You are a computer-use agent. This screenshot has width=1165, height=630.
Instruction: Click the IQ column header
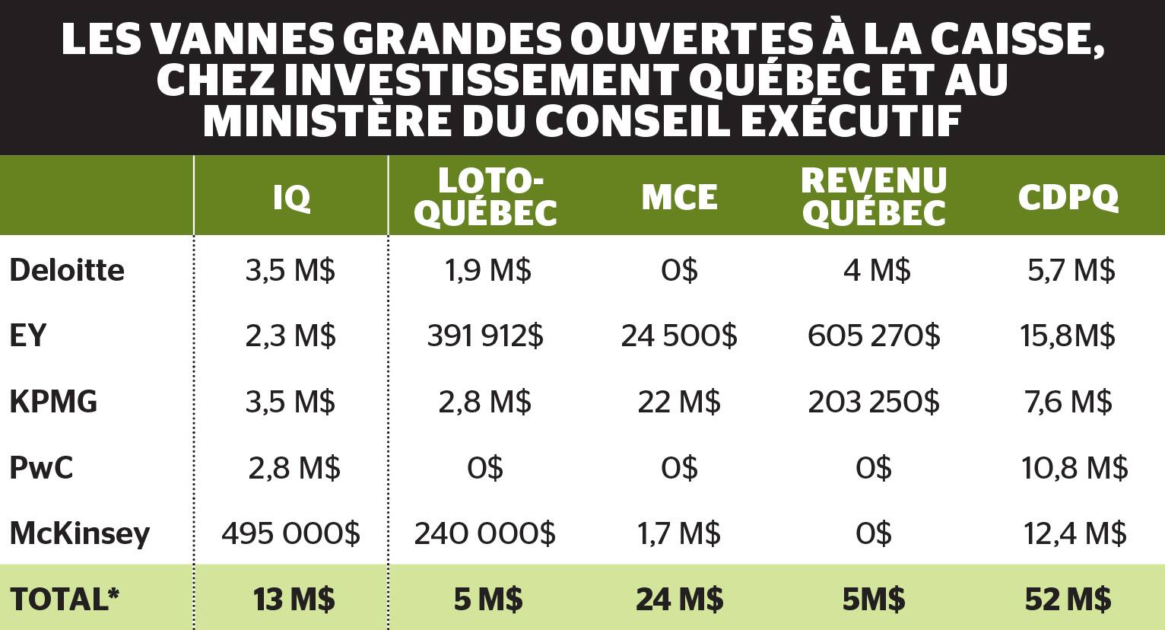point(291,198)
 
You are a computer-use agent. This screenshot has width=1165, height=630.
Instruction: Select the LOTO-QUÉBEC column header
point(486,197)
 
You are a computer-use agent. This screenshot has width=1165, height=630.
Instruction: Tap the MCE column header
point(679,198)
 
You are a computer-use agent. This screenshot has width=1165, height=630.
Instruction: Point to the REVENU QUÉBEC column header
point(874,197)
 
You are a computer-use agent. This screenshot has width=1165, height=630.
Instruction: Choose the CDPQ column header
point(1068,198)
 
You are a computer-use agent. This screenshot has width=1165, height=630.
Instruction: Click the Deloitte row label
point(67,270)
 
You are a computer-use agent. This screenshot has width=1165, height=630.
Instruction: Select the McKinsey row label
point(80,533)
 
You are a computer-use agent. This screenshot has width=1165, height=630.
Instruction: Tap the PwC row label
point(41,467)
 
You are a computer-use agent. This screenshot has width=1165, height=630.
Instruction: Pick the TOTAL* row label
point(65,600)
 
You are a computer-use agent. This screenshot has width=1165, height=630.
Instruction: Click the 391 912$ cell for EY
point(485,336)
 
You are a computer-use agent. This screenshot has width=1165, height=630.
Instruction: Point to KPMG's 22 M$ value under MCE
point(679,402)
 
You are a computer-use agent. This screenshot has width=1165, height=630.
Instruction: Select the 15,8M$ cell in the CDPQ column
point(1068,336)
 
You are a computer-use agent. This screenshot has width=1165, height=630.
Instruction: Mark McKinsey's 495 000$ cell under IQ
point(290,533)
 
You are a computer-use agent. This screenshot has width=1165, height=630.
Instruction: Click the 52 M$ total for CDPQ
point(1068,600)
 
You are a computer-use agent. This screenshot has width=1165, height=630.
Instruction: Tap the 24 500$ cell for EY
point(679,336)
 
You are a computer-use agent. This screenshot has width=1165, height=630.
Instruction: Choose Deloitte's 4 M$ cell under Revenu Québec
point(877,270)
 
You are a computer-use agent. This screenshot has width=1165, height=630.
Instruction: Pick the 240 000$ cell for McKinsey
point(485,533)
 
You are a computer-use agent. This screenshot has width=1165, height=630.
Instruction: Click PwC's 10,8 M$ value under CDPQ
point(1075,467)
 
